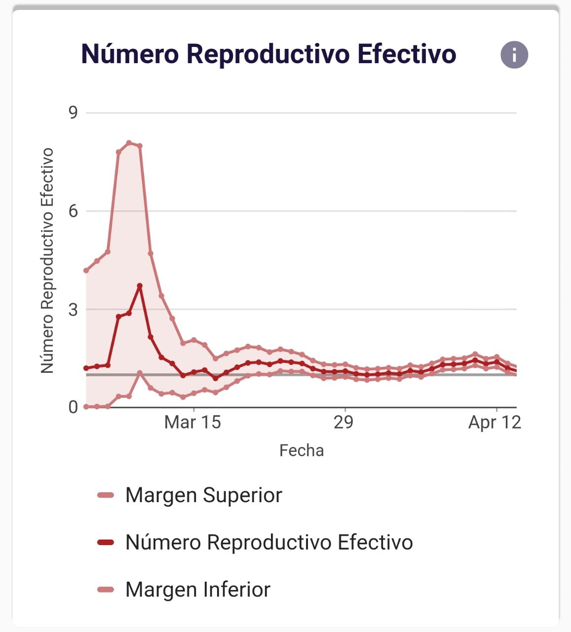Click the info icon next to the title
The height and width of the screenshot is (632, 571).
click(514, 54)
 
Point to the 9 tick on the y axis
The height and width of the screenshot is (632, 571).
click(73, 113)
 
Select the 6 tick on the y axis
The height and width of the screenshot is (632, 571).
click(73, 211)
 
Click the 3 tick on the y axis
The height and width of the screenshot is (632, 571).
click(73, 310)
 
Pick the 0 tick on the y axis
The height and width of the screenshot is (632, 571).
click(73, 407)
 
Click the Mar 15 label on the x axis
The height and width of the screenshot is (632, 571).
click(192, 423)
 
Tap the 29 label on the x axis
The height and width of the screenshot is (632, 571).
click(343, 423)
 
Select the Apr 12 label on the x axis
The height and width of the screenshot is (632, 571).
click(495, 423)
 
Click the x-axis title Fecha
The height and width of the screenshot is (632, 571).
click(301, 450)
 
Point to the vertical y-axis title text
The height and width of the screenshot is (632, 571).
click(47, 260)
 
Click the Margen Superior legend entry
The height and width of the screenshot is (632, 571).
click(203, 495)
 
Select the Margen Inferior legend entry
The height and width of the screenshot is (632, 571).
click(197, 590)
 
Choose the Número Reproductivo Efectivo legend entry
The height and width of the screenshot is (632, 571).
click(269, 542)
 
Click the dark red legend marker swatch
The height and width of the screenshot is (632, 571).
click(106, 543)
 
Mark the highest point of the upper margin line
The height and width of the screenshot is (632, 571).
click(129, 143)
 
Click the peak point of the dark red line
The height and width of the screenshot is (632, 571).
click(140, 286)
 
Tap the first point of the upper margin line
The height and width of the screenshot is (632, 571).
click(86, 271)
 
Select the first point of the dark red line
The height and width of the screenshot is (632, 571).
click(86, 368)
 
